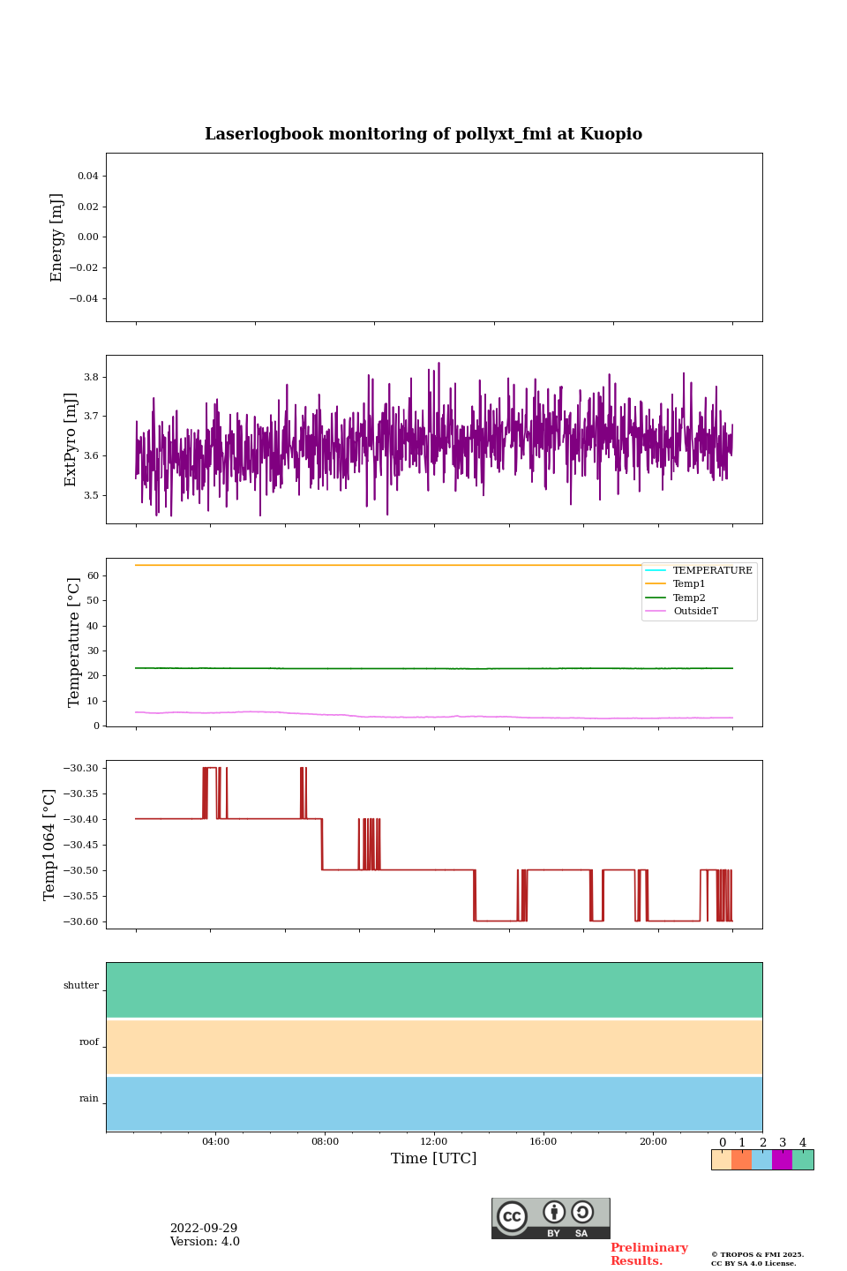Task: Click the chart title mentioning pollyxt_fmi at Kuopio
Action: point(423,134)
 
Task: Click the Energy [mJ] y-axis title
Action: point(57,237)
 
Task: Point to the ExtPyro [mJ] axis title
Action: point(71,440)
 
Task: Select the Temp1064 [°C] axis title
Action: point(49,845)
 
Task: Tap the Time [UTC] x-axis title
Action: point(433,1158)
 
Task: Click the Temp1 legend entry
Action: point(688,584)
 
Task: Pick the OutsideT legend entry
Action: point(695,612)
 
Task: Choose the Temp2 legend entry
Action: point(688,598)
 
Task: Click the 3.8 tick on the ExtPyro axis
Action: point(90,377)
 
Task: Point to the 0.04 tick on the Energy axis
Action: point(87,177)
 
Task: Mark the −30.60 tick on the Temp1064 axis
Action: point(81,921)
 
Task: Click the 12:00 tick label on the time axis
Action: point(433,1141)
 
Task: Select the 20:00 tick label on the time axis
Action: point(653,1141)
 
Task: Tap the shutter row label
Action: point(81,986)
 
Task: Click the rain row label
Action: point(89,1099)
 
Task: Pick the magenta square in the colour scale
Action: point(782,1160)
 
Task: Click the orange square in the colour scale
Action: point(741,1160)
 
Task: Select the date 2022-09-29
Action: point(204,1229)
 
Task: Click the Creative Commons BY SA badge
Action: point(551,1218)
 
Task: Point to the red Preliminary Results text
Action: point(648,1254)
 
